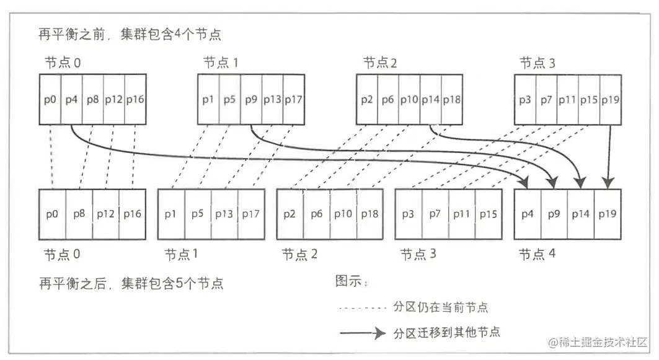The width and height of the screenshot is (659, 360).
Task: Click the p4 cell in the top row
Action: [x=72, y=100]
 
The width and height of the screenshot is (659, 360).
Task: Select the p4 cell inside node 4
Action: [x=528, y=214]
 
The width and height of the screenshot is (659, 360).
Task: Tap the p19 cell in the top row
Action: [x=611, y=100]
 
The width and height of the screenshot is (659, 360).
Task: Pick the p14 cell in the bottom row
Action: [x=582, y=214]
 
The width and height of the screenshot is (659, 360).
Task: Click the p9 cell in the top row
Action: [x=251, y=100]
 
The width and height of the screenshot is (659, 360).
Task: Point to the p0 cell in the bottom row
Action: [x=52, y=214]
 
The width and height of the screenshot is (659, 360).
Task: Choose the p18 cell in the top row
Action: [x=452, y=100]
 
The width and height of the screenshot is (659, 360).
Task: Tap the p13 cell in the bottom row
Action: [x=224, y=214]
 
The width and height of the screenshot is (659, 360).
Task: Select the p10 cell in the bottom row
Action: [x=343, y=214]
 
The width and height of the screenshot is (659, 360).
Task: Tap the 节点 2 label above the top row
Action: [x=379, y=63]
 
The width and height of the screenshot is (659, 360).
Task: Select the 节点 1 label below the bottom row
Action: [x=181, y=255]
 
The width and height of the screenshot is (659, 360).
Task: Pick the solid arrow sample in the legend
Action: [x=363, y=333]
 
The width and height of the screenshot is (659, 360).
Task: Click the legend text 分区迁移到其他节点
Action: [x=446, y=333]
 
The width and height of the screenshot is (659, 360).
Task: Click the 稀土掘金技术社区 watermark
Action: [x=596, y=341]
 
